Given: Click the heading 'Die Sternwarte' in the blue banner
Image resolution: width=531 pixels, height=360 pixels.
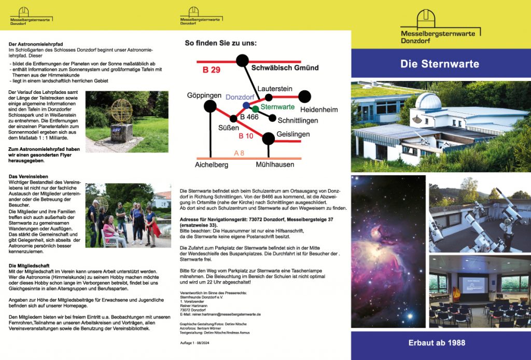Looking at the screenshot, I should (x=440, y=64).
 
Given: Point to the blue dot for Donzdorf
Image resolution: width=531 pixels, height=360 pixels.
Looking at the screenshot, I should (x=246, y=105).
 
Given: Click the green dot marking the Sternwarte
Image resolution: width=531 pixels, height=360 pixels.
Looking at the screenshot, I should (x=255, y=109).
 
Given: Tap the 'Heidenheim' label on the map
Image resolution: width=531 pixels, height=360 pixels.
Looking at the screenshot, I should (x=319, y=109).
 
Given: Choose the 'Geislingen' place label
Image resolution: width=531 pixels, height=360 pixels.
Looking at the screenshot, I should (x=294, y=134).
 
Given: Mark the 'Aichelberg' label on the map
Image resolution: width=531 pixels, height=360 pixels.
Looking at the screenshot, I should (x=211, y=164).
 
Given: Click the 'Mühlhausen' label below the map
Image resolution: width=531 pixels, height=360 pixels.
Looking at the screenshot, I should (x=275, y=164).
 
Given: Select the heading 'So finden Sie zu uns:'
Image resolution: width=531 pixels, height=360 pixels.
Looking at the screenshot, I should (x=220, y=43).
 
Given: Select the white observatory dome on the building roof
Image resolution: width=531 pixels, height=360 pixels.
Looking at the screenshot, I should (x=428, y=101).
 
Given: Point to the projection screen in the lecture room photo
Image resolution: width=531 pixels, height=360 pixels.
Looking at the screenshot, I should (x=472, y=284).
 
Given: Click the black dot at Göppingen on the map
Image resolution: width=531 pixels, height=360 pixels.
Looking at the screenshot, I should (x=210, y=106).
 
